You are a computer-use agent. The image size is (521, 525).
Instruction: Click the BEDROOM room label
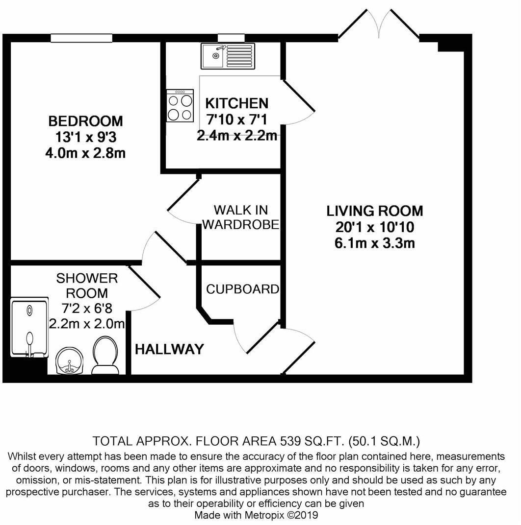click(x=85, y=120)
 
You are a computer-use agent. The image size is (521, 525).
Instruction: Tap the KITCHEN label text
click(x=236, y=103)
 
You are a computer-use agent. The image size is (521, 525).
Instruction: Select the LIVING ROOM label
click(x=375, y=211)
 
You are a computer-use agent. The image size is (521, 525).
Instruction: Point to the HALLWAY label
click(x=169, y=349)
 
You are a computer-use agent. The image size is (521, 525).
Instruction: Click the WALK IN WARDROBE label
click(x=241, y=217)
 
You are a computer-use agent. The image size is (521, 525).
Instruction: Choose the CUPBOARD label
click(x=242, y=289)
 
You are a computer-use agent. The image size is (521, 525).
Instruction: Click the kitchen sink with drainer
click(x=228, y=56)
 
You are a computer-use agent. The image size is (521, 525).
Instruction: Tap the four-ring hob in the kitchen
click(x=180, y=106)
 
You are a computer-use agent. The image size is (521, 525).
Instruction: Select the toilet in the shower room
click(x=105, y=356)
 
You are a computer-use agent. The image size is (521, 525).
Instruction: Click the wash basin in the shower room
click(x=69, y=361)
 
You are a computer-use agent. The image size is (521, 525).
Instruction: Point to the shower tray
click(x=29, y=327)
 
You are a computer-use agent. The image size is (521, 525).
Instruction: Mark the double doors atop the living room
click(x=378, y=24)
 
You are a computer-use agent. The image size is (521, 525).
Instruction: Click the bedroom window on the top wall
click(x=81, y=38)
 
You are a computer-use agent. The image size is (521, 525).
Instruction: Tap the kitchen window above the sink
click(x=231, y=38)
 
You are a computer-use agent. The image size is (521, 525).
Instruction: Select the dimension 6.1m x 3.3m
click(x=375, y=243)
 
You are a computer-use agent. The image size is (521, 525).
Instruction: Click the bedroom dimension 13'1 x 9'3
click(x=85, y=137)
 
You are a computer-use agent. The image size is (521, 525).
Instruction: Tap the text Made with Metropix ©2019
click(x=257, y=515)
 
